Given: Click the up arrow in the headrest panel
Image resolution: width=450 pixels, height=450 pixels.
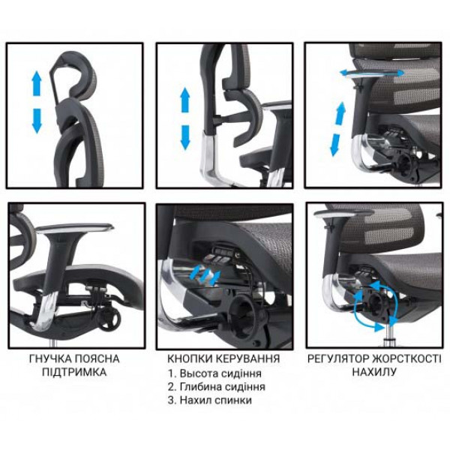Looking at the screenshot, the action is (37, 83).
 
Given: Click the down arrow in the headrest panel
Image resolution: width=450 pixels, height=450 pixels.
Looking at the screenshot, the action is (37, 121).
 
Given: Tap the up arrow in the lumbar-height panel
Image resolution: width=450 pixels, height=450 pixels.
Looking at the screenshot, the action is (185, 100).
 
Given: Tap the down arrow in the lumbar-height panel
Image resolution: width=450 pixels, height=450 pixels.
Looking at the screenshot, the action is (185, 137).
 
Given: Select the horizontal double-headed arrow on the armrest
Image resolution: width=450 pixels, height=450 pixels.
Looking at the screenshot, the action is (372, 73).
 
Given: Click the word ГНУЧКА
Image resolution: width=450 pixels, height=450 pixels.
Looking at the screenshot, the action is (49, 359).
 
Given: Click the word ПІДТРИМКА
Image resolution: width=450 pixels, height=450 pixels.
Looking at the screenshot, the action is (74, 372).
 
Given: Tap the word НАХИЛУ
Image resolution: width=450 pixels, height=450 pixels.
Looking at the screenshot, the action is (374, 372).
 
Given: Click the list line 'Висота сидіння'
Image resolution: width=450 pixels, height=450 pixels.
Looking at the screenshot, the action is (214, 373).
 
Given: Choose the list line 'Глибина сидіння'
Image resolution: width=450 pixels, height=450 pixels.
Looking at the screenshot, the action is (217, 387).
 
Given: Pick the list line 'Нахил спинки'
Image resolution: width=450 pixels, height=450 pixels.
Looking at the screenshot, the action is (210, 400).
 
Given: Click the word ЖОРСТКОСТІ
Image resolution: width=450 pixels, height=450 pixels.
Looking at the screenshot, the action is (406, 358).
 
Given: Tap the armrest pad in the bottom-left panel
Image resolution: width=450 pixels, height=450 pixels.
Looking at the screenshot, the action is (75, 227).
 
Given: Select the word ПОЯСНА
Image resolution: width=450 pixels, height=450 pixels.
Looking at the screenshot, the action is (97, 359).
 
